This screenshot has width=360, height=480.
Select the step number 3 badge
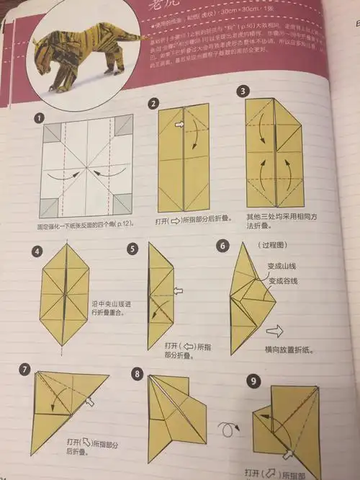point(244,92)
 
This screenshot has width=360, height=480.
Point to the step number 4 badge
point(37,252)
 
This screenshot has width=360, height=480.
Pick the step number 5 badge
point(132,249)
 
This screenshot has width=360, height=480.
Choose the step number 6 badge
point(223,246)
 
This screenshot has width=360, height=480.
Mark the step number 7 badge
point(27,370)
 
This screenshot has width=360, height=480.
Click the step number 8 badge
point(137,373)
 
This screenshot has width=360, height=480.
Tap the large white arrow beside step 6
point(276,332)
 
